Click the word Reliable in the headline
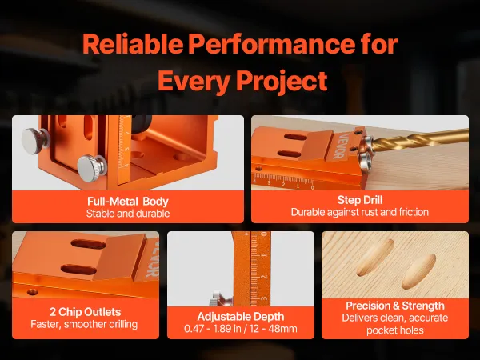click(133, 43)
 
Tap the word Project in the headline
click(282, 80)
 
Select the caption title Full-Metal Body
click(128, 201)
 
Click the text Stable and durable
click(128, 214)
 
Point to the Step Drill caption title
click(360, 200)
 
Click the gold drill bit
click(419, 140)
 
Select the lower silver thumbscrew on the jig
click(91, 168)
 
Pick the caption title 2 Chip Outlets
click(85, 312)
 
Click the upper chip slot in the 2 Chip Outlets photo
click(88, 244)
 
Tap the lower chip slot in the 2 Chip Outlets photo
click(79, 270)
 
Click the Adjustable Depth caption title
click(241, 317)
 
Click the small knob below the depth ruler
click(220, 298)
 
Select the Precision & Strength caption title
click(395, 306)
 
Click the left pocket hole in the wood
click(375, 258)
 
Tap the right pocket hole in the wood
click(418, 271)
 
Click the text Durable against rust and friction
click(360, 212)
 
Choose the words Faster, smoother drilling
click(84, 324)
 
